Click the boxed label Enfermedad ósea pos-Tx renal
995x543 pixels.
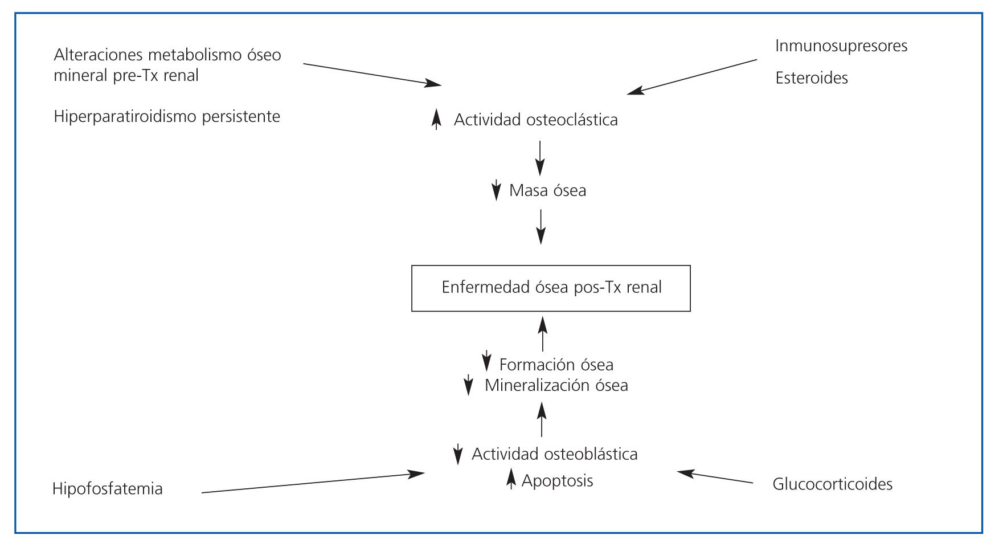click(x=551, y=287)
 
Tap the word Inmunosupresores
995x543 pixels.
click(x=841, y=46)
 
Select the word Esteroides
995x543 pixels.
click(x=811, y=78)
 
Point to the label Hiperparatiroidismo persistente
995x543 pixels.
click(x=167, y=117)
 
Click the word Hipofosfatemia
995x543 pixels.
click(x=107, y=489)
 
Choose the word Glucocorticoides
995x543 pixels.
click(x=832, y=484)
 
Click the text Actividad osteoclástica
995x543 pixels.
click(x=535, y=120)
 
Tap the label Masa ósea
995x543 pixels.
click(x=547, y=190)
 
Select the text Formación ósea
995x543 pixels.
click(x=556, y=365)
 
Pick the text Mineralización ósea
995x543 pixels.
click(x=556, y=386)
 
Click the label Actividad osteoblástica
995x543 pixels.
click(x=554, y=454)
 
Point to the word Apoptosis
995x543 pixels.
click(x=557, y=481)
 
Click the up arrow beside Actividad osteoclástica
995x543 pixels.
click(x=436, y=119)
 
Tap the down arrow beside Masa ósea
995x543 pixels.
click(x=496, y=190)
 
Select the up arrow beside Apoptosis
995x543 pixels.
click(x=511, y=479)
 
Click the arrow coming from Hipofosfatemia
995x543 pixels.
click(x=313, y=482)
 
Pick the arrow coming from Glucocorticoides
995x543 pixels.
click(x=715, y=477)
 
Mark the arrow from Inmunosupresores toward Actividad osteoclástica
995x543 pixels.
click(x=692, y=76)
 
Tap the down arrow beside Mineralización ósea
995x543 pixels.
click(x=468, y=385)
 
